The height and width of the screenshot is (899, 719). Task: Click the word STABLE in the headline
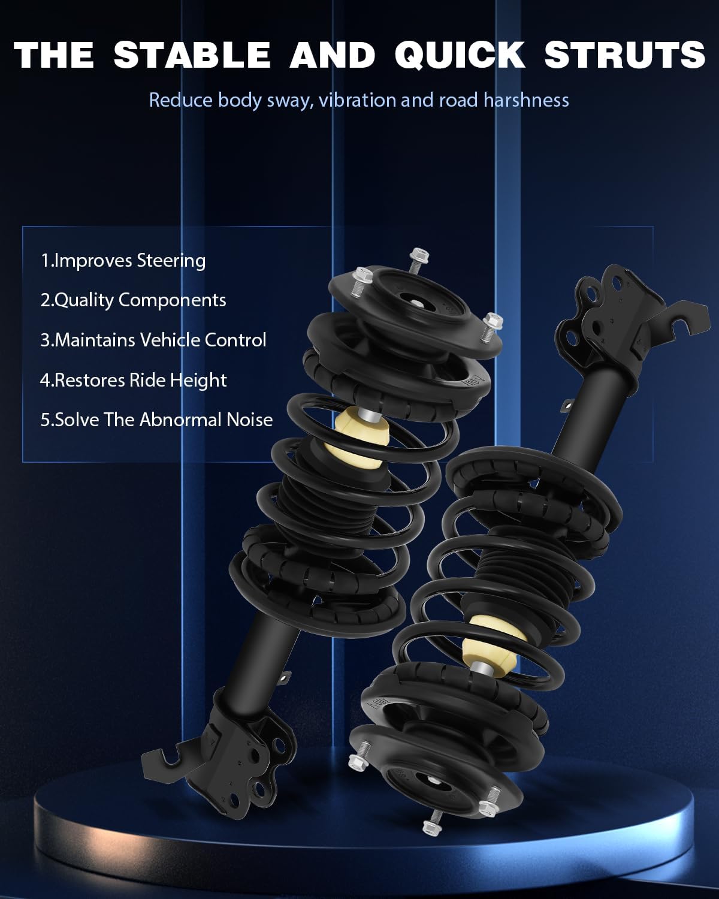(191, 55)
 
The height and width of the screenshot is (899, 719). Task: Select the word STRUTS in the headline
(624, 55)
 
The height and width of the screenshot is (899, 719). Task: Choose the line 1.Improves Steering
(123, 261)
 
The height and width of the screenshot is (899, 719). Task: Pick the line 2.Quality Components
(133, 300)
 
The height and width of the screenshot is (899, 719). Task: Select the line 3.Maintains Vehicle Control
(153, 340)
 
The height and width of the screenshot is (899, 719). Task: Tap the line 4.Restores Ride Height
(134, 380)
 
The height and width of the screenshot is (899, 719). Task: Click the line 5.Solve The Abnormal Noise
(156, 420)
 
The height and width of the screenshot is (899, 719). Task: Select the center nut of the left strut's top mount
(414, 302)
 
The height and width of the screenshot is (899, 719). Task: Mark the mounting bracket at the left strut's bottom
(225, 755)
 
